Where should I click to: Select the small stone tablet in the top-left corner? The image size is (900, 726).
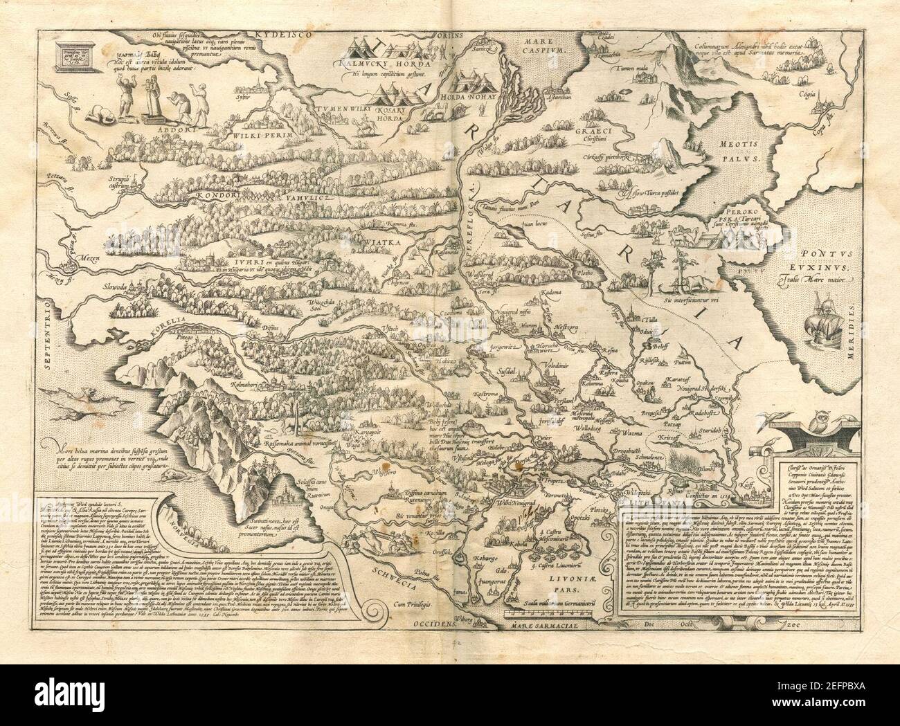coord(74,60)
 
